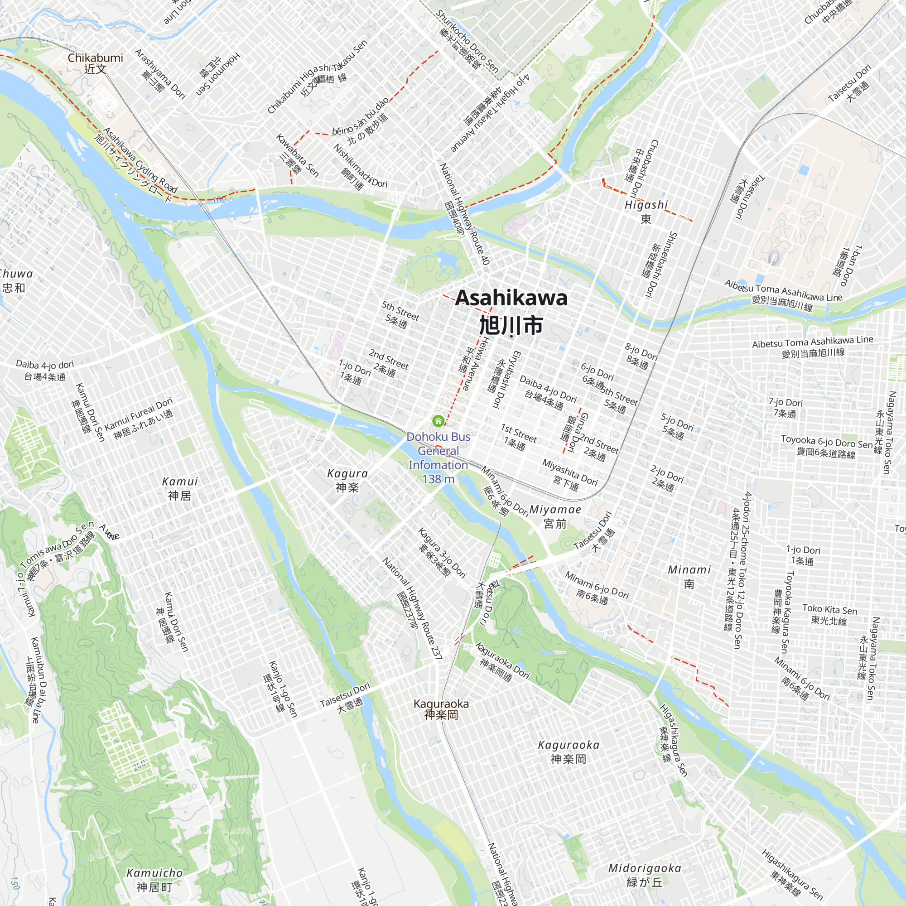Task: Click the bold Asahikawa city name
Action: click(511, 298)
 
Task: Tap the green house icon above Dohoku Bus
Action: click(438, 420)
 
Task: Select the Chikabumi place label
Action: click(95, 58)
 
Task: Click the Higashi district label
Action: click(646, 205)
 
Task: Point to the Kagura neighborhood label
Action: click(347, 474)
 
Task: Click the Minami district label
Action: click(689, 570)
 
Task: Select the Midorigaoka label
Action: click(644, 868)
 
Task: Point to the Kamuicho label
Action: click(154, 873)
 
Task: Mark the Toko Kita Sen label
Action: click(829, 610)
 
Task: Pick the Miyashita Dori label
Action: click(569, 472)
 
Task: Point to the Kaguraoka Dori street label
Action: click(502, 661)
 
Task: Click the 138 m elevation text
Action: click(438, 479)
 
